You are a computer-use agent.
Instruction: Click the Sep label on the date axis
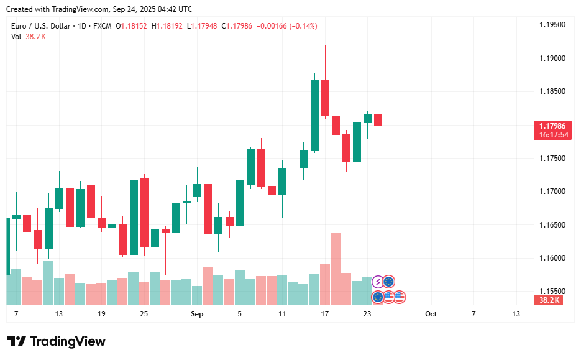tap(197, 314)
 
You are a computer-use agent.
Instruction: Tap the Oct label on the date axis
tap(431, 314)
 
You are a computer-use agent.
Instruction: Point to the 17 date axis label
tap(325, 314)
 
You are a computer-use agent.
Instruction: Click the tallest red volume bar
tap(336, 267)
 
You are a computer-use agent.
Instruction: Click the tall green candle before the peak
tap(314, 115)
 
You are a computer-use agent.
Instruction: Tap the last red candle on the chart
tap(378, 120)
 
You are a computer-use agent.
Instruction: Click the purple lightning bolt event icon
tap(378, 282)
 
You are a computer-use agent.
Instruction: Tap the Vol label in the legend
tap(16, 37)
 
